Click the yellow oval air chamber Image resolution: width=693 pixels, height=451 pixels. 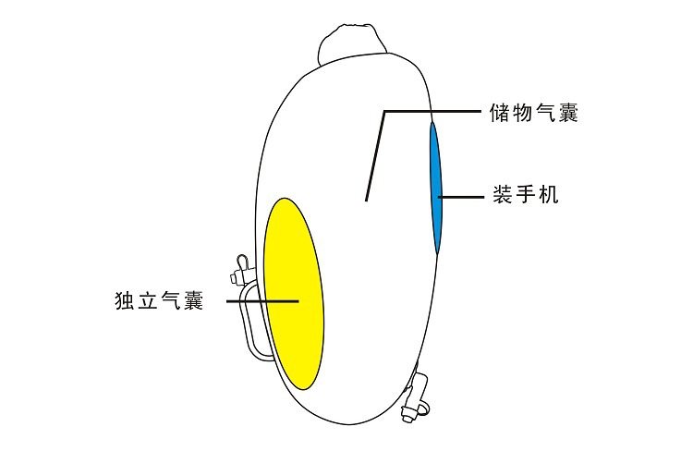coord(293,291)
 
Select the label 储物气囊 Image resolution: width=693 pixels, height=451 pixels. coord(534,114)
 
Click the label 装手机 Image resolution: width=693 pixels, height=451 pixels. coord(525,196)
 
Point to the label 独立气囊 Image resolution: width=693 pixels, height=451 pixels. coord(159,301)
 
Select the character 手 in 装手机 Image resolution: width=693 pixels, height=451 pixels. coord(525,196)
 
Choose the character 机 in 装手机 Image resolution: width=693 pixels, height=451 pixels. coord(548,196)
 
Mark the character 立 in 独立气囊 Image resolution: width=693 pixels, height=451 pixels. coord(148,301)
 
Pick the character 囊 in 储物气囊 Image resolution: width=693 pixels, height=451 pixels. coord(568,114)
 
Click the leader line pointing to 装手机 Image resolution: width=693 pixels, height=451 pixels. coord(462,197)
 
